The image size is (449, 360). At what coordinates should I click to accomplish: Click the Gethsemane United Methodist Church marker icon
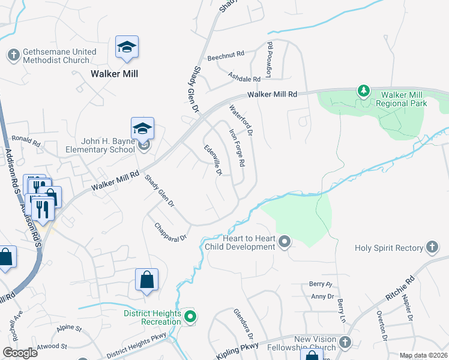pyautogui.click(x=13, y=56)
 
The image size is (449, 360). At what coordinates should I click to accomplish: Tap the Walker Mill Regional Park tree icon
pyautogui.click(x=363, y=91)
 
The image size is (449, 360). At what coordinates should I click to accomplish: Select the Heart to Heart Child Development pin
pyautogui.click(x=285, y=242)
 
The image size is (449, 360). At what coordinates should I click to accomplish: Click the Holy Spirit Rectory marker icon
pyautogui.click(x=432, y=247)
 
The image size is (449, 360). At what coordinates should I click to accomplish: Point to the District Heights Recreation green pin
pyautogui.click(x=190, y=316)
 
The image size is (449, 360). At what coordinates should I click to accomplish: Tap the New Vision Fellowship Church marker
pyautogui.click(x=345, y=343)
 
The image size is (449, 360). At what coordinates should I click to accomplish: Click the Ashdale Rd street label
pyautogui.click(x=244, y=79)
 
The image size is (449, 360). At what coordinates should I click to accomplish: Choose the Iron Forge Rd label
pyautogui.click(x=238, y=147)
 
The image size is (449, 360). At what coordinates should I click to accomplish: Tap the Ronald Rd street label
pyautogui.click(x=25, y=145)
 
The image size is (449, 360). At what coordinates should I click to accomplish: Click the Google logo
pyautogui.click(x=20, y=353)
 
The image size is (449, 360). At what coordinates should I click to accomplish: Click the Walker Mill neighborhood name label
pyautogui.click(x=115, y=74)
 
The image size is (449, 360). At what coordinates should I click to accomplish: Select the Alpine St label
pyautogui.click(x=69, y=329)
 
